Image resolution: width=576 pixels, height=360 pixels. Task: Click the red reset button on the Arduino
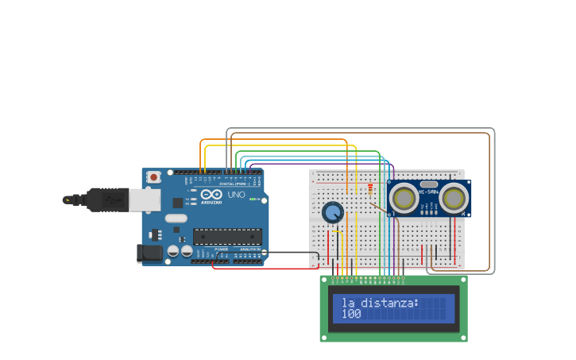153,177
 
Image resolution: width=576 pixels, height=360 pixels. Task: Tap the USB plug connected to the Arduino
108,200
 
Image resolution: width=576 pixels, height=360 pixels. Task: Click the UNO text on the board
236,195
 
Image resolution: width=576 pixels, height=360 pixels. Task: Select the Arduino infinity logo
212,194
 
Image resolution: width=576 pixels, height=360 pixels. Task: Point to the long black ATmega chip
227,237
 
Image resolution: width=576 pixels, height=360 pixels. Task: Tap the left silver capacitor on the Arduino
172,252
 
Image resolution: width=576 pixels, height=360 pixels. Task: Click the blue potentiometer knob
332,212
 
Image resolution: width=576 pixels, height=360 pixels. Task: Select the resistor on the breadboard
369,189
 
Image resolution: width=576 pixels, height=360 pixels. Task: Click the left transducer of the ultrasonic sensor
404,199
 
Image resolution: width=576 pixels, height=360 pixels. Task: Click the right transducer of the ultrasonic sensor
454,199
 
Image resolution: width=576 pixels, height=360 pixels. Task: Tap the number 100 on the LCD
351,315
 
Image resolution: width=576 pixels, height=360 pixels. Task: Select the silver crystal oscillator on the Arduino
176,218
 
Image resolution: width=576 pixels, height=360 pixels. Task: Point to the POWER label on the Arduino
221,249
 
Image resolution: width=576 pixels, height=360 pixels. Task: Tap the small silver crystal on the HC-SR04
429,184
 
